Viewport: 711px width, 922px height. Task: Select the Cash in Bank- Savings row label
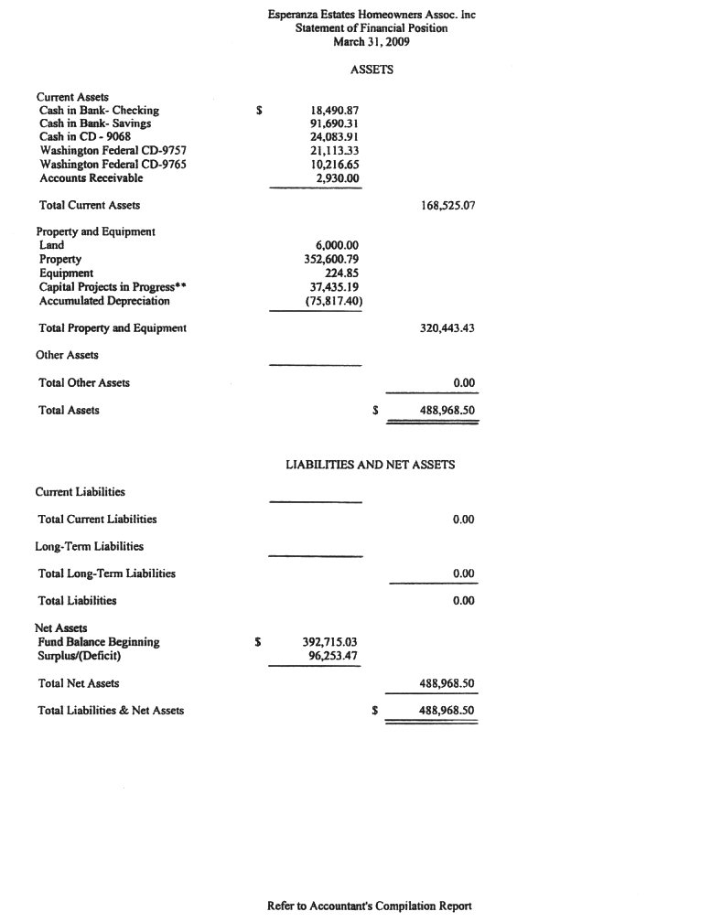tap(95, 123)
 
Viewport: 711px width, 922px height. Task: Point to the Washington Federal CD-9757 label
tap(113, 151)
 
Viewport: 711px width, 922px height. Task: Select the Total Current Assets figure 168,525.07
tap(447, 206)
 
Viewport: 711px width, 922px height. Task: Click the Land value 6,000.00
tap(337, 246)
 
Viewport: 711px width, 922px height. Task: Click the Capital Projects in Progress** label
tap(113, 286)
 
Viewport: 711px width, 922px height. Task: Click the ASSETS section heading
tap(372, 70)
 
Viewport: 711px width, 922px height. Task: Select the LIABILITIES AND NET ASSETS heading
tap(371, 465)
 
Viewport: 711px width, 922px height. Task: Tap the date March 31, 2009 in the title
tap(371, 42)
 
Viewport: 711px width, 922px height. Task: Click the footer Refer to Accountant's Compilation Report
tap(370, 906)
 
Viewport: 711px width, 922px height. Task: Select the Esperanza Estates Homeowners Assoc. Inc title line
tap(372, 16)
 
